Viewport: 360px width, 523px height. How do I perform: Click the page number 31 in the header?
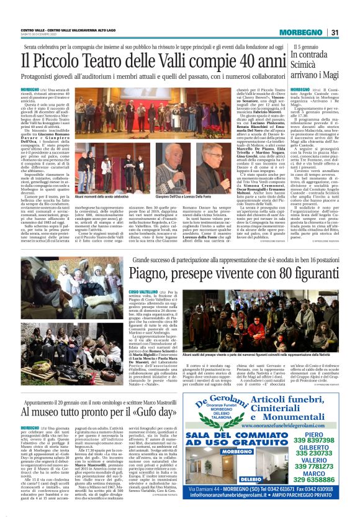coord(334,32)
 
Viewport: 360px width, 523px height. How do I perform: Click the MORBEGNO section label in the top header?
coord(300,32)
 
